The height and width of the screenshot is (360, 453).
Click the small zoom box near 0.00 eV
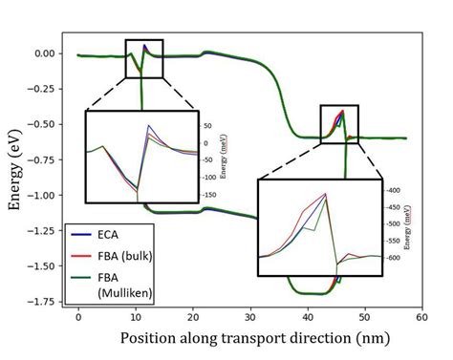tap(145, 57)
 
